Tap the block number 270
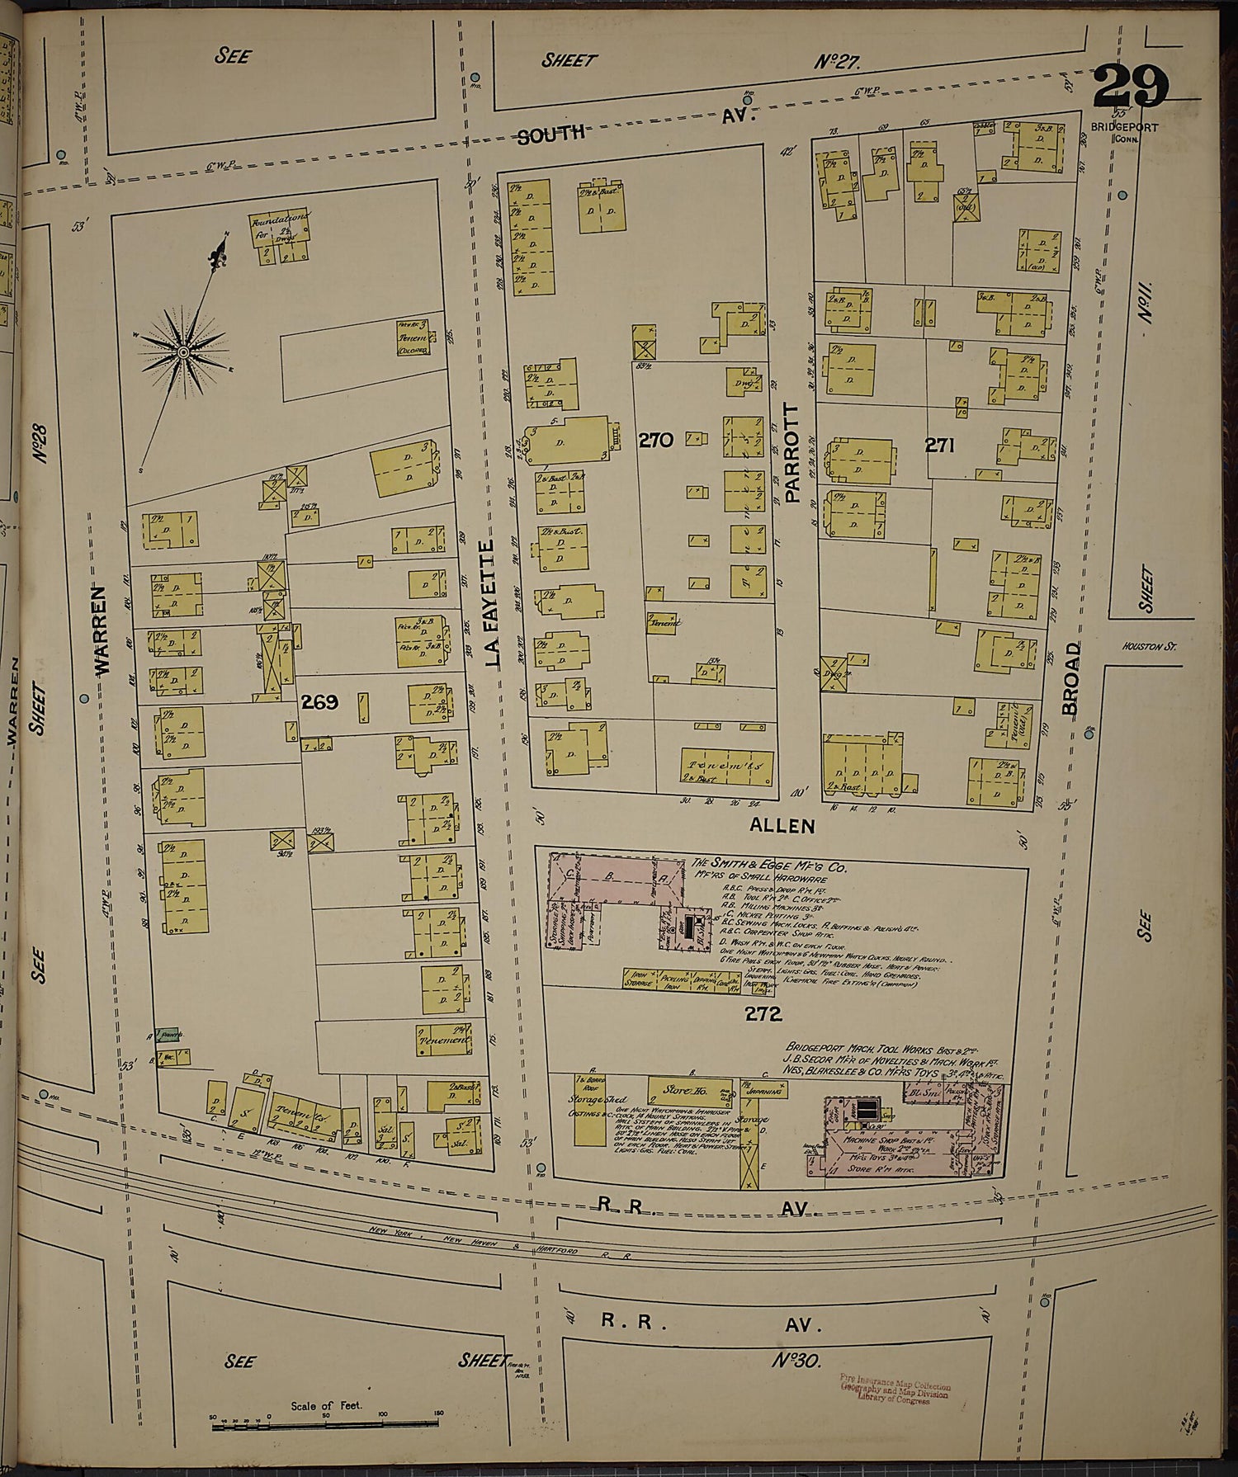pos(655,440)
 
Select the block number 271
pos(939,446)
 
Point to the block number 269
pos(320,702)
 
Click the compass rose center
pos(182,352)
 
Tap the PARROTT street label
pos(794,453)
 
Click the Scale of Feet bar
pos(325,1419)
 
